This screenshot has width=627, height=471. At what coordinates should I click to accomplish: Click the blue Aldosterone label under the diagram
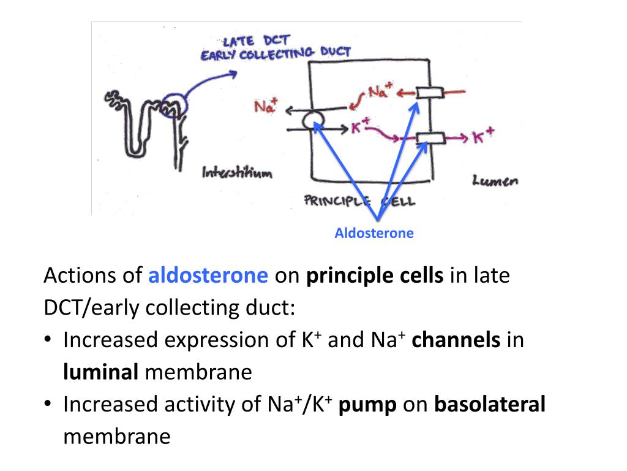coord(374,233)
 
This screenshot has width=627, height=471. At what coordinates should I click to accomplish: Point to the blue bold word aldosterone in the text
coord(208,276)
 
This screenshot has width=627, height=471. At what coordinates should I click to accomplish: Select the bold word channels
coord(456,340)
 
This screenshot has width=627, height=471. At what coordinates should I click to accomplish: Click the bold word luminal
coord(101,372)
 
